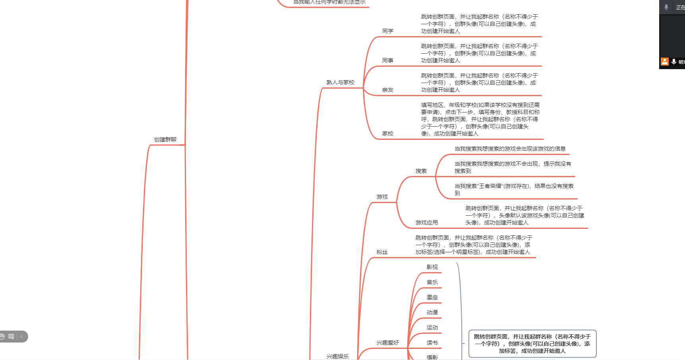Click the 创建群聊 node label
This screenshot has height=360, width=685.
pos(165,139)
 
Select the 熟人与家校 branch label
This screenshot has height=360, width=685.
pos(340,82)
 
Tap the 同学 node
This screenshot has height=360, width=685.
pos(387,31)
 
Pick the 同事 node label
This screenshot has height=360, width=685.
pos(387,60)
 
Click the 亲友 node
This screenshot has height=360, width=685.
pos(387,90)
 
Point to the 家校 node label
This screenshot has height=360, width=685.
pos(387,134)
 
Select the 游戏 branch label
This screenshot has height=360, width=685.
pos(382,197)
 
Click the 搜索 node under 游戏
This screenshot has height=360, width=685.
pos(421,171)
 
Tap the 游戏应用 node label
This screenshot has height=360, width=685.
pos(426,223)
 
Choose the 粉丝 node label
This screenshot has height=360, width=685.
pos(382,252)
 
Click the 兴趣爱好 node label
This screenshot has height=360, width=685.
pos(387,343)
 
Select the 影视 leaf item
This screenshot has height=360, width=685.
pos(432,267)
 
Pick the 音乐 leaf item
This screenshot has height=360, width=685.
pos(432,282)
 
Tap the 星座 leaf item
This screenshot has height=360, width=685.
pos(432,297)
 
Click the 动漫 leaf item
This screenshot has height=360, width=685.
pos(432,312)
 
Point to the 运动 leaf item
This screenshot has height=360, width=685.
pos(432,327)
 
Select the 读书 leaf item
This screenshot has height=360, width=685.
pos(432,343)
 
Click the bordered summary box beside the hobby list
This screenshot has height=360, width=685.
pos(532,344)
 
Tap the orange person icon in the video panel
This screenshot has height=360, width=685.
pos(664,62)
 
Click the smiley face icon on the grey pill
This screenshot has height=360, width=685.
pos(2,337)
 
